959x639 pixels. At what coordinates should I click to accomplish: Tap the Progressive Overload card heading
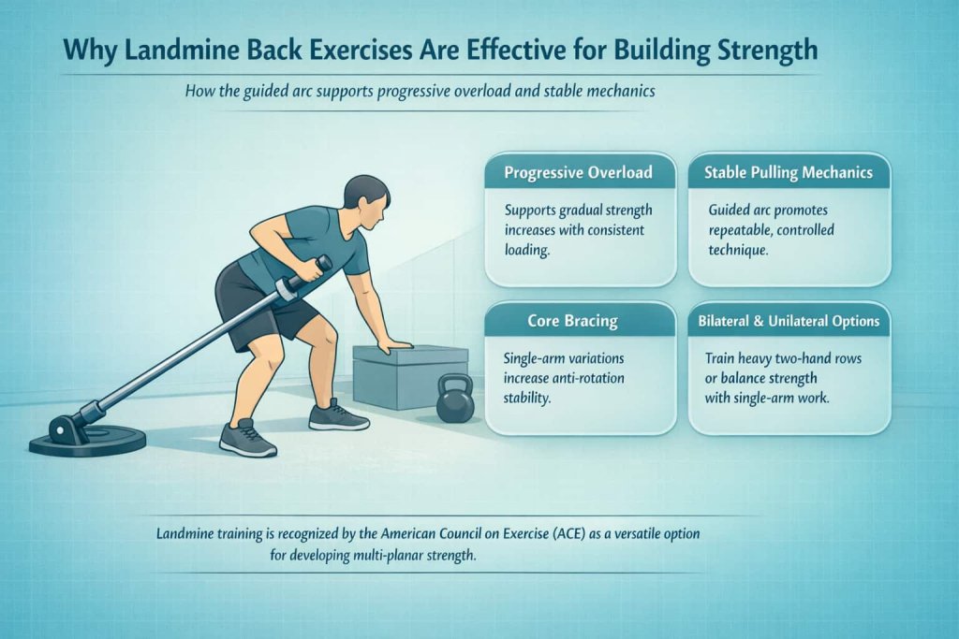click(x=578, y=173)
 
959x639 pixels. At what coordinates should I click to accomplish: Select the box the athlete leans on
click(x=410, y=374)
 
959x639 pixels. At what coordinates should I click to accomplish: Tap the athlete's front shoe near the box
click(x=338, y=414)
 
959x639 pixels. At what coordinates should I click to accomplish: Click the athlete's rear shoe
click(x=245, y=437)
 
